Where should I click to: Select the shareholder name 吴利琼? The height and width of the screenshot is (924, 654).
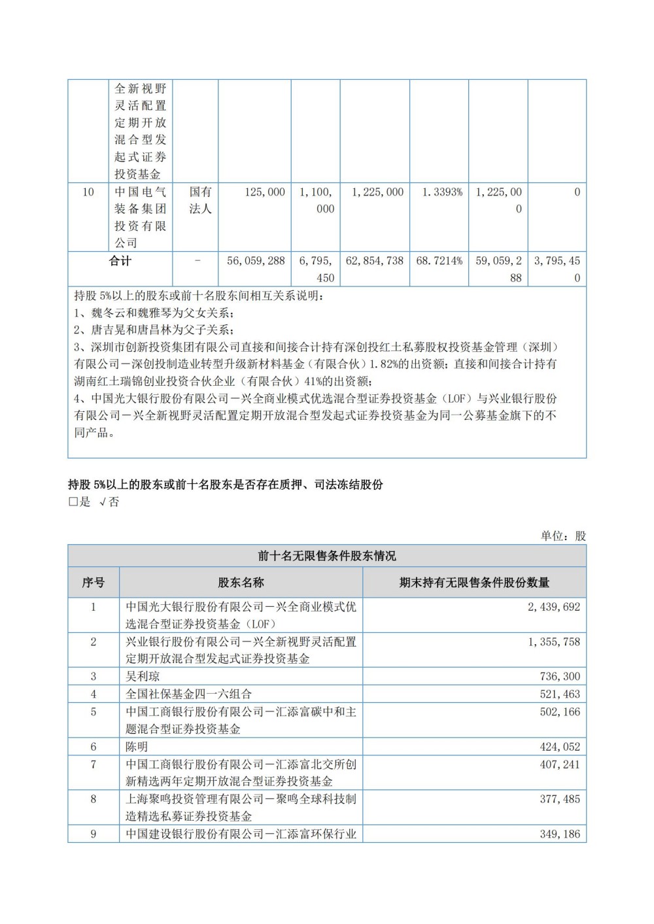point(143,676)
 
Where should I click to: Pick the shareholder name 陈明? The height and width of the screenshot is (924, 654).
point(137,747)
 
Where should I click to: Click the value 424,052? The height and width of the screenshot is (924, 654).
point(560,747)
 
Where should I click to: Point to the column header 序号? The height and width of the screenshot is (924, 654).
point(93,582)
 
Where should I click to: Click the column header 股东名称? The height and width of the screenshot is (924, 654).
point(241,582)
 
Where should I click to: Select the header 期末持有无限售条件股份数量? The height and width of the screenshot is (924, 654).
point(474,582)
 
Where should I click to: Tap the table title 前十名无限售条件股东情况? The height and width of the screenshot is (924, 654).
point(327,556)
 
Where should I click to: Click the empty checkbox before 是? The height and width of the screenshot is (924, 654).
point(73,502)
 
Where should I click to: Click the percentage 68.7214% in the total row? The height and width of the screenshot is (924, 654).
point(439,260)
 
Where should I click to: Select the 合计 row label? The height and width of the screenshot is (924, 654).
point(120,260)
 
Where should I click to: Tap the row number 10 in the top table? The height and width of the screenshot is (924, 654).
point(88,192)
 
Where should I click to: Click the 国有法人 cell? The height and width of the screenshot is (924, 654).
point(200,200)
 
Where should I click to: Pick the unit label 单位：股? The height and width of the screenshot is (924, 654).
point(563,536)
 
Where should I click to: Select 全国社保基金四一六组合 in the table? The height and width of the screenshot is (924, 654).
point(188,694)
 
